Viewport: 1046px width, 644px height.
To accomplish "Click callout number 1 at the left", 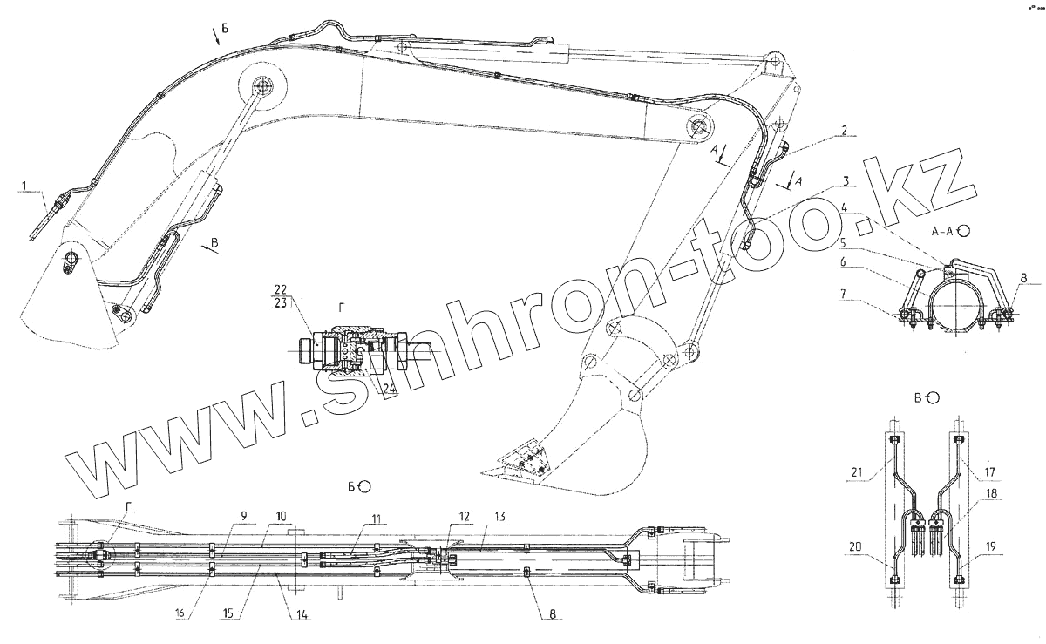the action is (x=25, y=186).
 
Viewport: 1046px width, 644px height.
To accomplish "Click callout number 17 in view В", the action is (x=990, y=474).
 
